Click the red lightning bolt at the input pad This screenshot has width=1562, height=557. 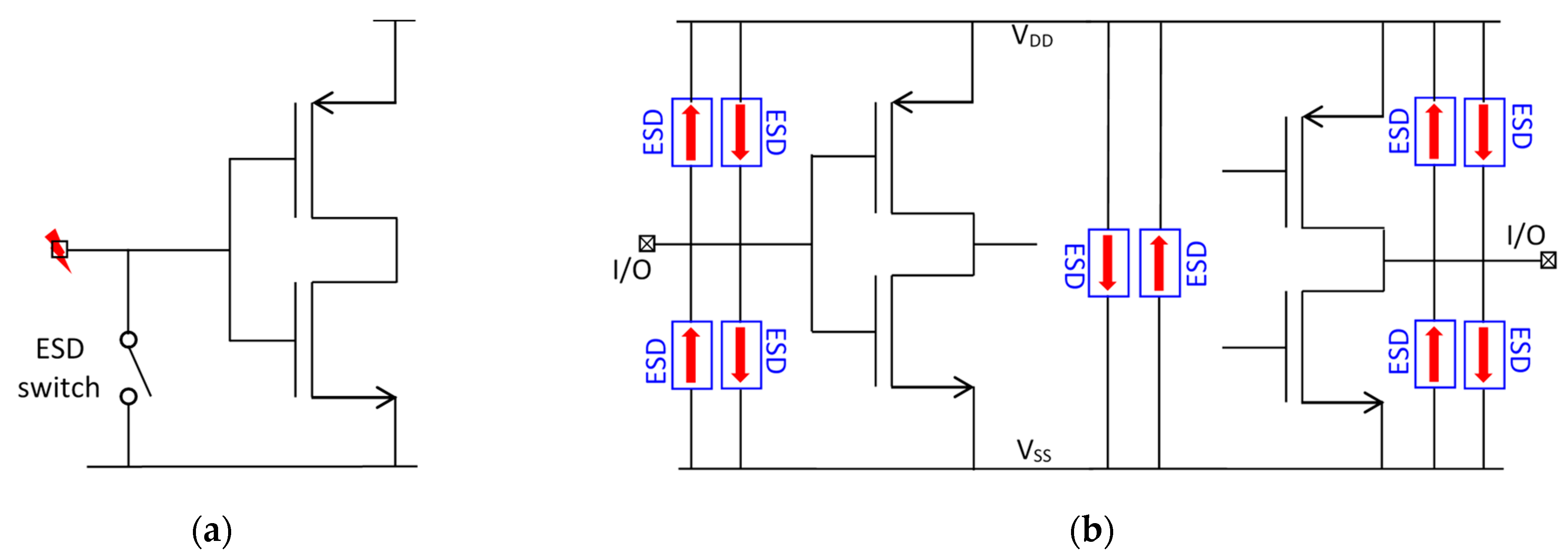pyautogui.click(x=58, y=250)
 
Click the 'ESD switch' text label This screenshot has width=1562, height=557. pyautogui.click(x=59, y=368)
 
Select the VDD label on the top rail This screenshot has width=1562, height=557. pyautogui.click(x=1032, y=36)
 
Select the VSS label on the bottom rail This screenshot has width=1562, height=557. pyautogui.click(x=1033, y=451)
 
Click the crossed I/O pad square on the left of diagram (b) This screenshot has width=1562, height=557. pyautogui.click(x=647, y=244)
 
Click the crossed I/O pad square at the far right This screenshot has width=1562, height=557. pyautogui.click(x=1548, y=261)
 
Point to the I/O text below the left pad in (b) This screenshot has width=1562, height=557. pyautogui.click(x=632, y=270)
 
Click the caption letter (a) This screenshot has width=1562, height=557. pyautogui.click(x=212, y=531)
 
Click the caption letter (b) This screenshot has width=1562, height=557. pyautogui.click(x=1091, y=531)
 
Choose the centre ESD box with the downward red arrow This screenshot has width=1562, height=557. pyautogui.click(x=1108, y=263)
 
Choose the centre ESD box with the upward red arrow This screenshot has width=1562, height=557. pyautogui.click(x=1159, y=263)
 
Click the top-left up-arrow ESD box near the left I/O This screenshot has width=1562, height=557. pyautogui.click(x=691, y=132)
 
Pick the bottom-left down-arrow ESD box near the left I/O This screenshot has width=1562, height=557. pyautogui.click(x=741, y=355)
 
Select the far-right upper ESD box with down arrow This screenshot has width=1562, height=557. pyautogui.click(x=1484, y=132)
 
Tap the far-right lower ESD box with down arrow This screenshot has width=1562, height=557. pyautogui.click(x=1484, y=355)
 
